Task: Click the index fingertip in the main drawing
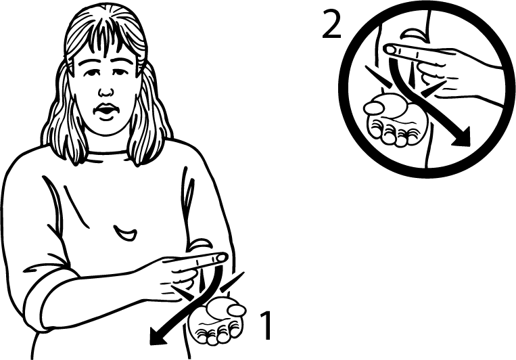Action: (222, 257)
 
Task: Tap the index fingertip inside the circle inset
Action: (391, 49)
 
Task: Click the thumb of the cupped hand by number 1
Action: (236, 310)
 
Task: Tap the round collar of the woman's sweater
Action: (108, 152)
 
